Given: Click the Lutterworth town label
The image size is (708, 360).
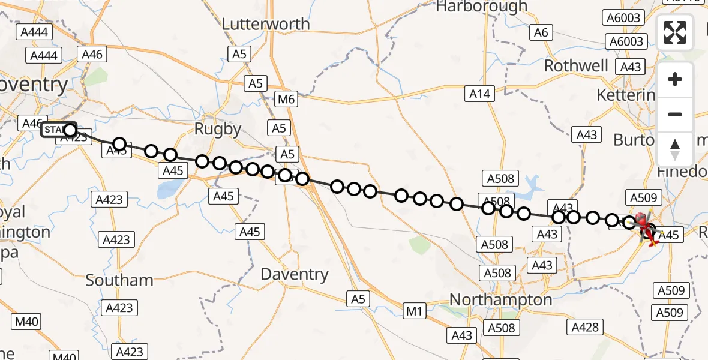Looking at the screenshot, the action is (266, 24).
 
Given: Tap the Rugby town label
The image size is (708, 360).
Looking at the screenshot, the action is (218, 129).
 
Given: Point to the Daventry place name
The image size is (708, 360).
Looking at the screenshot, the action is (295, 275).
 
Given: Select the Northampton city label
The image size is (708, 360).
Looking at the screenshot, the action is (492, 299).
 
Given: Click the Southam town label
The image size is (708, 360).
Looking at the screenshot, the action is (119, 280).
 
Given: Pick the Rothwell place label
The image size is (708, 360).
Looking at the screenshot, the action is (576, 65).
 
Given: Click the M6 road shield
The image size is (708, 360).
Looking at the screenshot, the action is (286, 99).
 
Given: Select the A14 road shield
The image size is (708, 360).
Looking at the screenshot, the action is (480, 93).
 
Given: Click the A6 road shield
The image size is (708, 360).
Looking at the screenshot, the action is (541, 33).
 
